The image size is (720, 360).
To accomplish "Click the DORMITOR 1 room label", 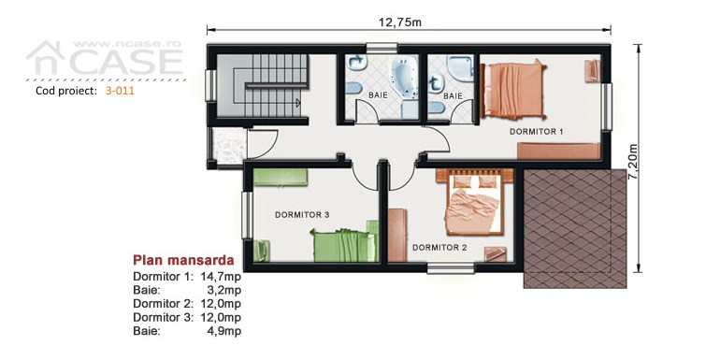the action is coord(536,132).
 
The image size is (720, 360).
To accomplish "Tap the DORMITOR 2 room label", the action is coord(439,248).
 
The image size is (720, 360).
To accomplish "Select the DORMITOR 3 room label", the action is coord(302,214).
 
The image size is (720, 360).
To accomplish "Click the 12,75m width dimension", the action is coord(399,22).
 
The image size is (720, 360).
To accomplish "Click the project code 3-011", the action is coord(120,91).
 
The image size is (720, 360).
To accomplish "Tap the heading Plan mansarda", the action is coord(183,260).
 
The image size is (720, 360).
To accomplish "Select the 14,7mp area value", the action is coord(221,277).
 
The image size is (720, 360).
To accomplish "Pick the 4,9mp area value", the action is coord(224,331).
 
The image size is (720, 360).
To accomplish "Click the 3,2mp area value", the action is coord(224,290).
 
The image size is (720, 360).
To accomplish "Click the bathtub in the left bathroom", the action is coord(404,77).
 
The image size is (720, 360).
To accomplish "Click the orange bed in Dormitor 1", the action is coord(512,89).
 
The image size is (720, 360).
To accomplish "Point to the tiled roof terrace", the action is coord(575,229).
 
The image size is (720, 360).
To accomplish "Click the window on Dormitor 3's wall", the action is coord(247,215).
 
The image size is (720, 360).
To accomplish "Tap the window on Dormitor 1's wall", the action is coord(607,107).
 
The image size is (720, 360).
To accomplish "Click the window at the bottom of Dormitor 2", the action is coord(451,268).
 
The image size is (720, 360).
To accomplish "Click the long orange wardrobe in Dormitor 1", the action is coord(559,151).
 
